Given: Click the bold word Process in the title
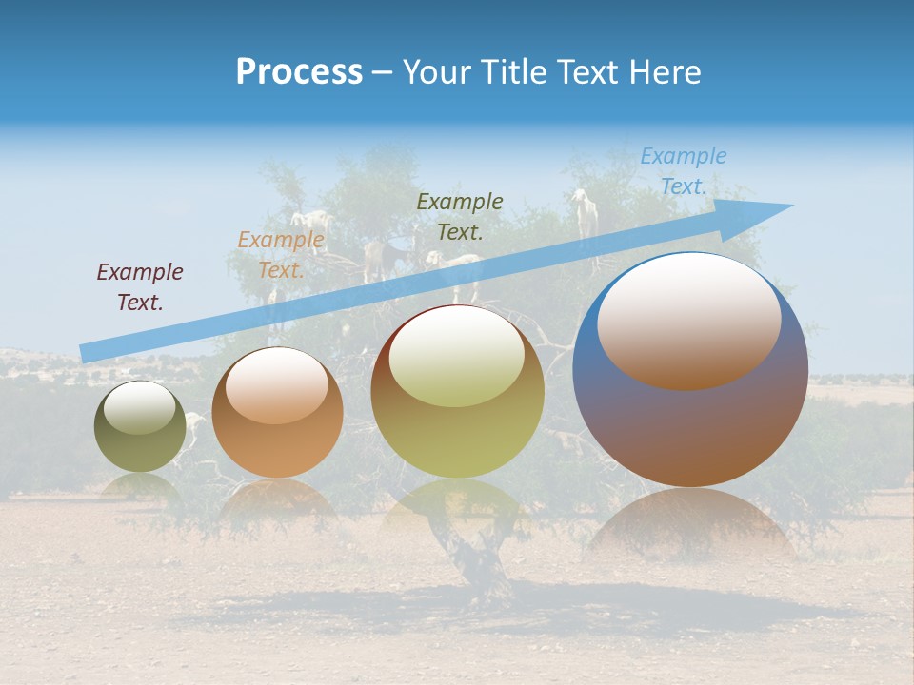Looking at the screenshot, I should pyautogui.click(x=299, y=72).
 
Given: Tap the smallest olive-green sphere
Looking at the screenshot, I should pyautogui.click(x=140, y=447).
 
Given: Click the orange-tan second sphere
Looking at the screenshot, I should pyautogui.click(x=277, y=447).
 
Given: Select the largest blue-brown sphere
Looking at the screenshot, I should pyautogui.click(x=690, y=428).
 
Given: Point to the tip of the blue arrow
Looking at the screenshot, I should pyautogui.click(x=791, y=205).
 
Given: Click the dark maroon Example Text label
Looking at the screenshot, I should pyautogui.click(x=140, y=287).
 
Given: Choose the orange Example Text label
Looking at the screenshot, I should pyautogui.click(x=281, y=255).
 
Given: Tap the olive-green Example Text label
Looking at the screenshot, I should pyautogui.click(x=460, y=216).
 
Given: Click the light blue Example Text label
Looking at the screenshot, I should pyautogui.click(x=683, y=171).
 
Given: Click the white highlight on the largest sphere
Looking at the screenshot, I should pyautogui.click(x=688, y=309).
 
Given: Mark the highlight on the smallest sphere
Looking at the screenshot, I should pyautogui.click(x=139, y=406).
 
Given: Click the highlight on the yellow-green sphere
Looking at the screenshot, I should pyautogui.click(x=457, y=354).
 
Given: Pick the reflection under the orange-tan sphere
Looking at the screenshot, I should pyautogui.click(x=277, y=499).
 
